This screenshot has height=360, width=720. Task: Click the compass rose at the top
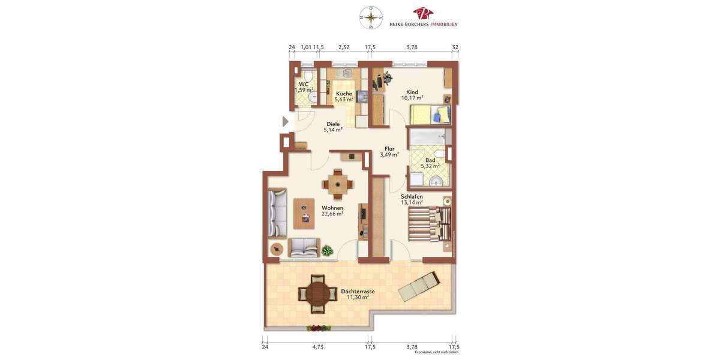point(371,17)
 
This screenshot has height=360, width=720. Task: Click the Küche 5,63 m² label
point(344,97)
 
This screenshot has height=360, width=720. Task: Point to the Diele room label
point(333,127)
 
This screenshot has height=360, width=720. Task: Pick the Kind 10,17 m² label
point(412,95)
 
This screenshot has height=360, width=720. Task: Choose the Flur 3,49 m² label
point(389,151)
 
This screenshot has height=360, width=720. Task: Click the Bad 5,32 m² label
point(430,163)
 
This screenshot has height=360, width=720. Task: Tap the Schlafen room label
point(412,199)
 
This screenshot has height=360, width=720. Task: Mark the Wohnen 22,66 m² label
point(332,211)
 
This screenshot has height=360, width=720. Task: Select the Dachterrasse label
point(358,294)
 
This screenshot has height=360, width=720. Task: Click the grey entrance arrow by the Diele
point(286,122)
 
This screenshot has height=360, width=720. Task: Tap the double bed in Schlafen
point(430,224)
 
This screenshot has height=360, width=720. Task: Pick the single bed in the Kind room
point(430,114)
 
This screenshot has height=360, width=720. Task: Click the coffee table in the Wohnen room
point(304,214)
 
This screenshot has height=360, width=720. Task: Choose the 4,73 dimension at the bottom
point(317,347)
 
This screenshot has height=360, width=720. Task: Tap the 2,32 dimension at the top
point(344,47)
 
